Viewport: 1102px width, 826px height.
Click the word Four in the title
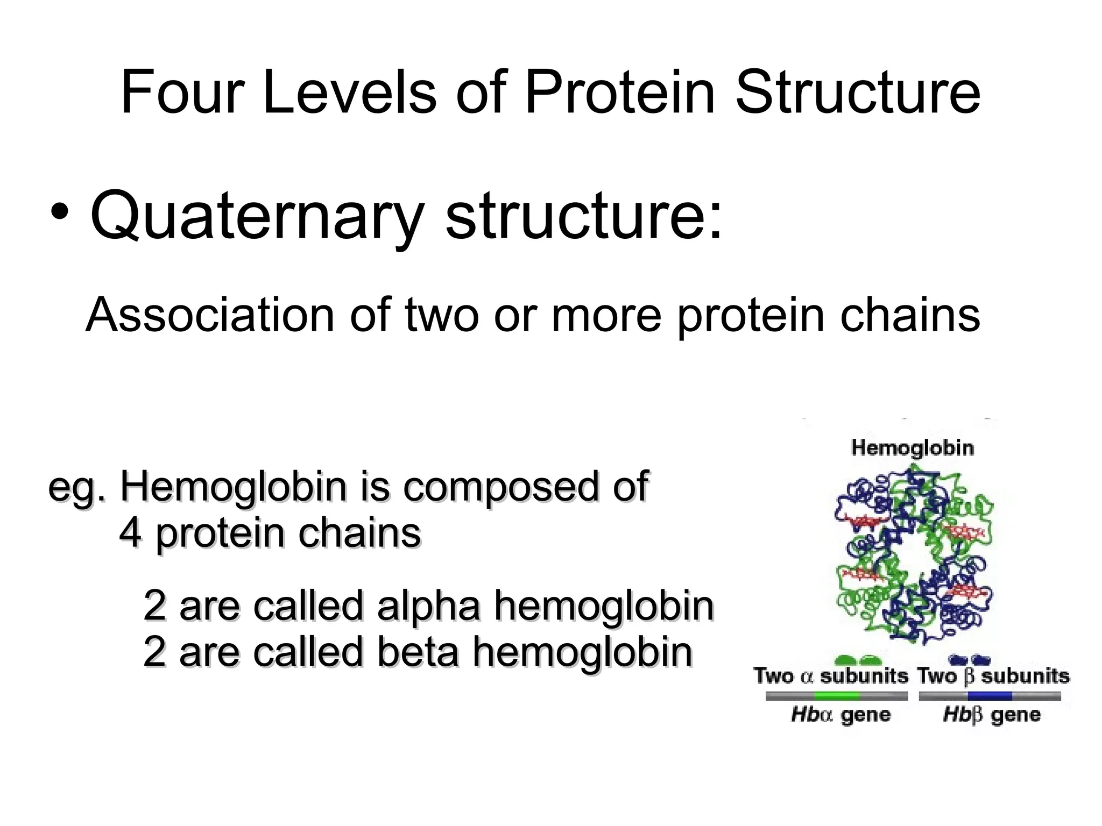183,92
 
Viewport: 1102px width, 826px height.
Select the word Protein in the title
619,92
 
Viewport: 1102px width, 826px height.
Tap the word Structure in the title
858,92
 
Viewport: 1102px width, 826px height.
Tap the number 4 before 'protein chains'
130,533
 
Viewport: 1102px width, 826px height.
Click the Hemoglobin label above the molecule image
912,447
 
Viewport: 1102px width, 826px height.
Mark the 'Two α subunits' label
830,676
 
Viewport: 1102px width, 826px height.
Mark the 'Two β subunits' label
993,676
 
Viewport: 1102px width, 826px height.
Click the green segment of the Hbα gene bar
837,696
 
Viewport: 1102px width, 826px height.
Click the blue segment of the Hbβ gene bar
989,696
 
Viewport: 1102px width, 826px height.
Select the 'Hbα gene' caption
840,715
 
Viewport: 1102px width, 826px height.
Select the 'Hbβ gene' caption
992,715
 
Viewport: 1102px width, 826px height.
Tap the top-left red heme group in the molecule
861,521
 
